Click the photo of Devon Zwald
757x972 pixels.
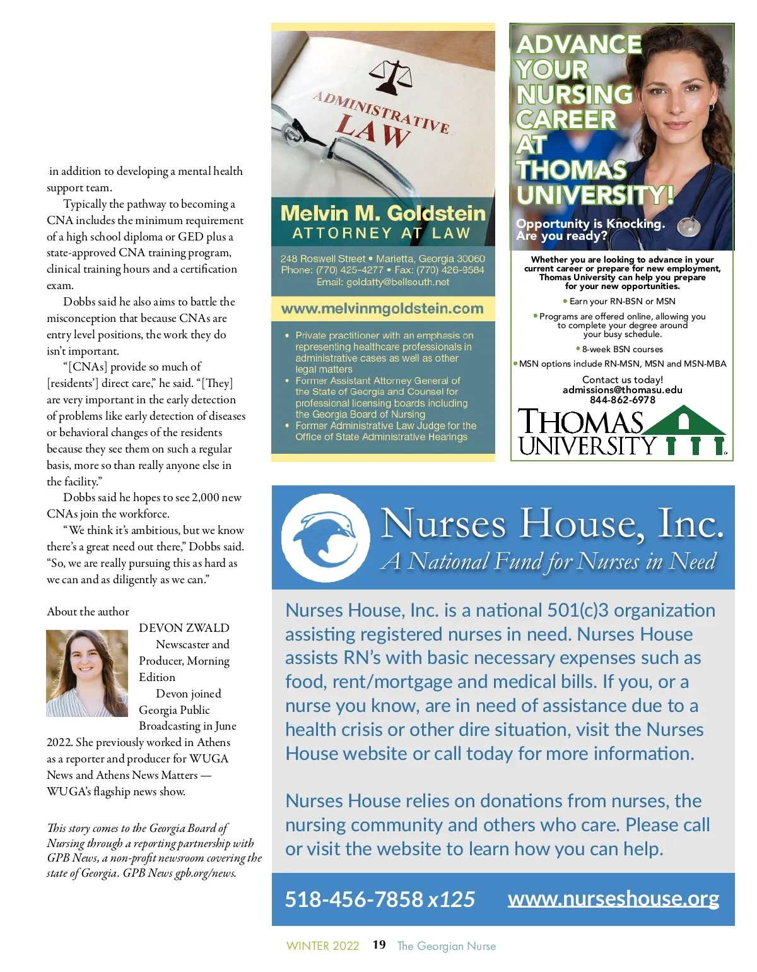[87, 673]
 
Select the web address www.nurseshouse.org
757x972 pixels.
[613, 898]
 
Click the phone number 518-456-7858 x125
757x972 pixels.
[380, 899]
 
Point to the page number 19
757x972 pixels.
[379, 945]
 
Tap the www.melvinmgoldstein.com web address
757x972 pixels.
[382, 309]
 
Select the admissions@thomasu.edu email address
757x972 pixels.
[622, 390]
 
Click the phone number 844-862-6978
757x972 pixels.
[622, 400]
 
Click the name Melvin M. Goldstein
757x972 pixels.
[383, 213]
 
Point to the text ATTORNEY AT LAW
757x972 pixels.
[382, 234]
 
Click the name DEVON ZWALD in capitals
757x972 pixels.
[184, 628]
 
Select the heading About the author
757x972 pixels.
[88, 612]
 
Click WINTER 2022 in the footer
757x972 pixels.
[322, 946]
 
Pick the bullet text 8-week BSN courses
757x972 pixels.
[622, 349]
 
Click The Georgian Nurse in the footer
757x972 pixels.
[446, 946]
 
